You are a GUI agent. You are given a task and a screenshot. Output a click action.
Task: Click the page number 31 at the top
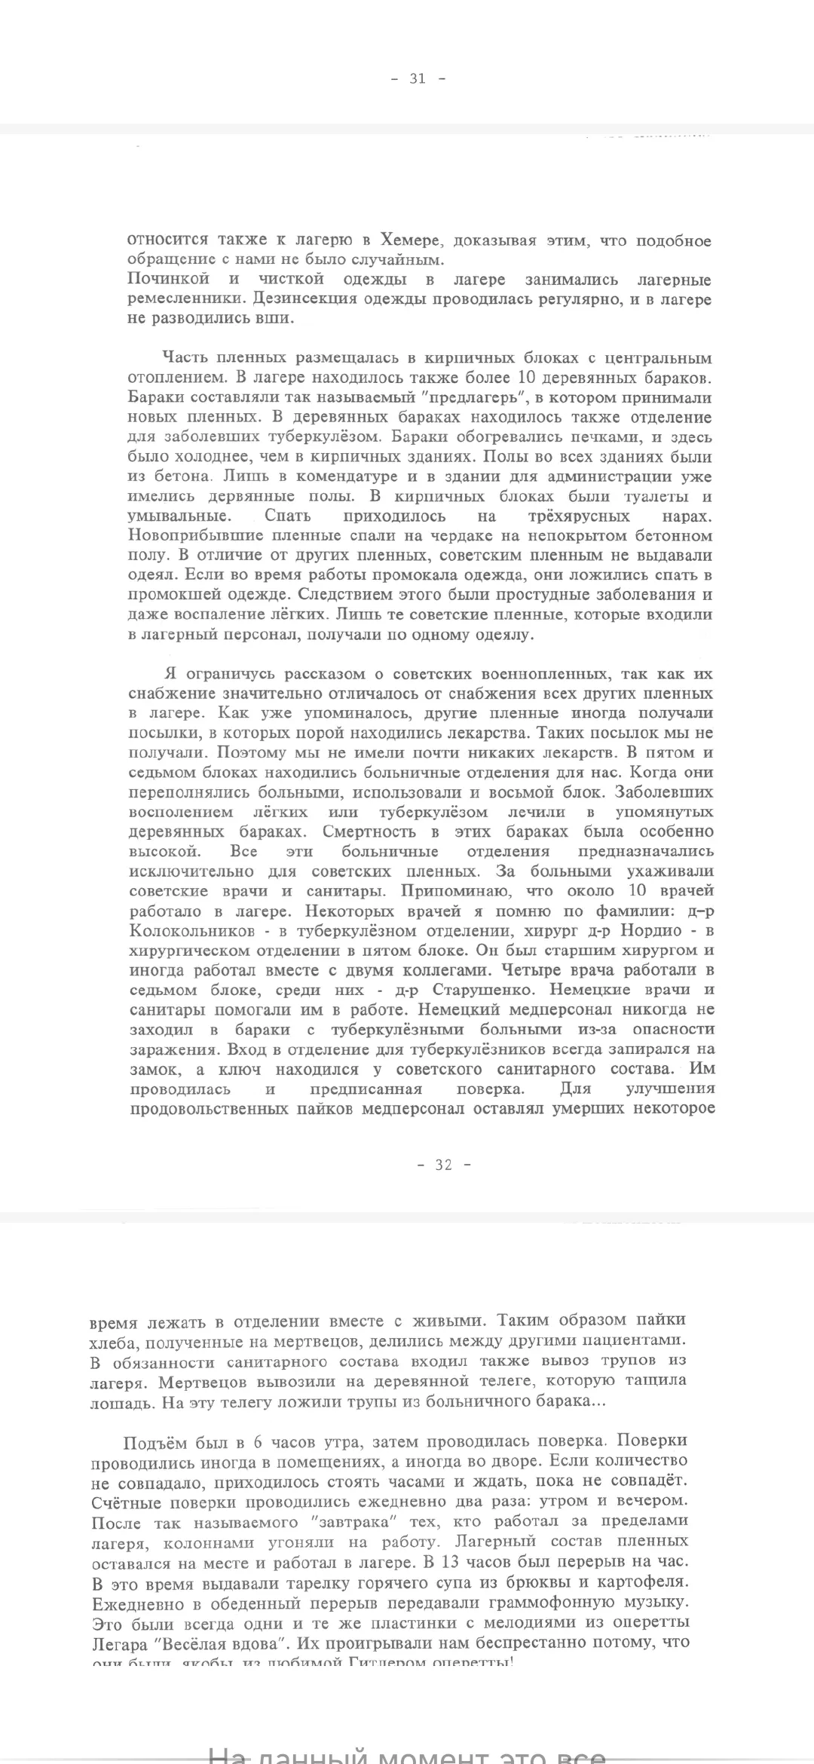pos(418,78)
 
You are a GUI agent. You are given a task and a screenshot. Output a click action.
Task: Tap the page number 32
pos(443,1165)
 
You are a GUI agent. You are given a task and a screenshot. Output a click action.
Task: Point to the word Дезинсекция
pos(299,299)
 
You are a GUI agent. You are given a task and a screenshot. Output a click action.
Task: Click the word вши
pos(276,319)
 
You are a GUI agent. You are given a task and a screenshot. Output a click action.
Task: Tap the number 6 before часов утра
pos(258,1444)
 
